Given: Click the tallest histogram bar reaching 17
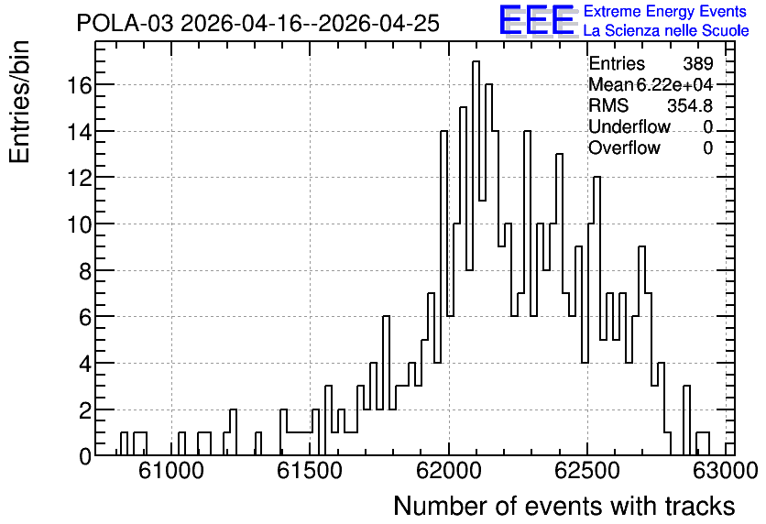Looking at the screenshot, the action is point(476,258).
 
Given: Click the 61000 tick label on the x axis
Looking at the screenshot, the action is point(171,472).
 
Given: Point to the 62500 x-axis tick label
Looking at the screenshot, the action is point(587,472).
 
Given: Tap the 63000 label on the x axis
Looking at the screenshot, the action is point(726,472).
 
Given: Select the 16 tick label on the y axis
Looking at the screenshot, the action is point(79,85).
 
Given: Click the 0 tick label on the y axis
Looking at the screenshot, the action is point(85,456).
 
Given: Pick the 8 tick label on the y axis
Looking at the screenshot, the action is point(85,271).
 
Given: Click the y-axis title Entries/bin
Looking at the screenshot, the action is point(19,102).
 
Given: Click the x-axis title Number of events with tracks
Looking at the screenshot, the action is point(564,506).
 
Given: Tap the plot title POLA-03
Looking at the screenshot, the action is point(125,23).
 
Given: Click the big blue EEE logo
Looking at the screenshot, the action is point(537,20).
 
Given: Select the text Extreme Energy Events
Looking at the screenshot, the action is point(665,11).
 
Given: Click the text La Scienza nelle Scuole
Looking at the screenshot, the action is point(666,31).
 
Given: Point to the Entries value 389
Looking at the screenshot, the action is point(697,63).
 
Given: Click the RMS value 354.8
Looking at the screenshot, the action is point(690,105).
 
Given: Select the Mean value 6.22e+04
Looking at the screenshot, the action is point(674,84).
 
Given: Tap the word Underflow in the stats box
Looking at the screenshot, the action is point(629,126).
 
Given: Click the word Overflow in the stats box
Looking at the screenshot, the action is point(624,147).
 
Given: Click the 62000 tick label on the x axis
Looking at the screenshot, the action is point(449,472).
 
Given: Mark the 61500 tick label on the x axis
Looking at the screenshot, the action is point(311,472).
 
